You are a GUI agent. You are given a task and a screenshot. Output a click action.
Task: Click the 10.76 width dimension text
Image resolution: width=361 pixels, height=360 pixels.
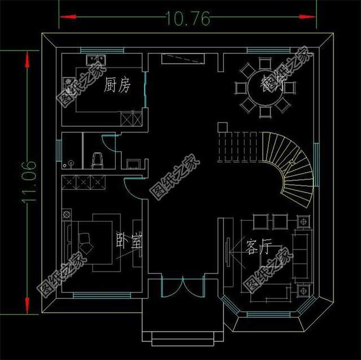pos(188,18)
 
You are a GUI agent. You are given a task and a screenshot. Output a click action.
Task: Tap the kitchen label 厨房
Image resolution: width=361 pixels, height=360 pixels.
pos(117,86)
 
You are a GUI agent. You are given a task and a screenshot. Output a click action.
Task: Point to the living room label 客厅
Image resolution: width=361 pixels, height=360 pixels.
pos(259,247)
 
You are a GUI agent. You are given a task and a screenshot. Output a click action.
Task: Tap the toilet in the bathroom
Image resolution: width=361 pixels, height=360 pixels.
pos(96,160)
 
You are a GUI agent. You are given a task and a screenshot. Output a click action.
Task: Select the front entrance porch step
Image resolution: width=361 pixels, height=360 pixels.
pos(183,332)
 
